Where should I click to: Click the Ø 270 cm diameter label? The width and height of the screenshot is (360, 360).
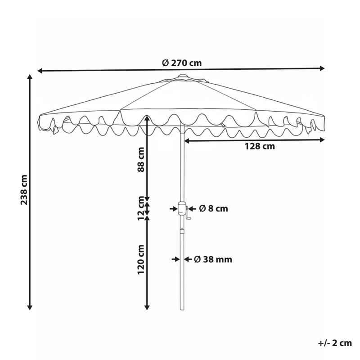point(182,63)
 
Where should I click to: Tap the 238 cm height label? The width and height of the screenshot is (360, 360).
point(24,190)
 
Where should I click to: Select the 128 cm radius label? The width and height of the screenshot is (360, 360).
point(260,146)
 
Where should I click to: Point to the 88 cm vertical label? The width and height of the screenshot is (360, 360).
point(141,160)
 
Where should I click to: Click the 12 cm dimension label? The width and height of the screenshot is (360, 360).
point(141,208)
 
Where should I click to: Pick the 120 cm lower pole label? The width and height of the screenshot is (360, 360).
point(141,260)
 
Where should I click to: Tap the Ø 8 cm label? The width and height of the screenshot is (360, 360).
point(213,208)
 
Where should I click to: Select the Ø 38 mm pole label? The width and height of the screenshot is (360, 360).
point(213,259)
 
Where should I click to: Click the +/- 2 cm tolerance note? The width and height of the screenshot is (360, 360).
point(335,343)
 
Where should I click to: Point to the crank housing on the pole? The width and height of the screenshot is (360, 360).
point(181,209)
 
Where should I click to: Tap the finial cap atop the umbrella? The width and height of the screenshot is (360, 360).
point(182,76)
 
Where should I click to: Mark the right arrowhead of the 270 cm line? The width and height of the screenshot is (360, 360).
point(322,68)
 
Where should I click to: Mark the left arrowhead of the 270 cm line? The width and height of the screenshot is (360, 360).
point(40,71)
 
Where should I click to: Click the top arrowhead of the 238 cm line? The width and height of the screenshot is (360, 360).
point(30,77)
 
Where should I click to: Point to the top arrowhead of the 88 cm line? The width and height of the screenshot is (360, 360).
point(147,118)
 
